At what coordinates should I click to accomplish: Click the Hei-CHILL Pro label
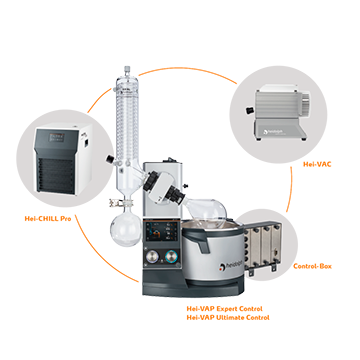coord(48,219)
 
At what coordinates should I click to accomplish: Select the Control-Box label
coord(312,266)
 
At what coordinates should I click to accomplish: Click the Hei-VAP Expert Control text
coord(224,309)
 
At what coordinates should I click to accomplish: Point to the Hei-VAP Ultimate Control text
coord(228,317)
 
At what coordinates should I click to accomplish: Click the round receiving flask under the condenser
coord(125,230)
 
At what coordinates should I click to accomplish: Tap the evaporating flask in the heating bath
coord(206,213)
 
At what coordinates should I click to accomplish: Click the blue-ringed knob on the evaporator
coord(171,256)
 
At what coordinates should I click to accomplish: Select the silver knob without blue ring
coord(153,257)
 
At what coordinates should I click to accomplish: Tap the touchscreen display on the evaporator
coord(161,231)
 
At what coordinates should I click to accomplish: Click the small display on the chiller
coord(56,137)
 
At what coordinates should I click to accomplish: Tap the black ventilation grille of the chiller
coord(55,174)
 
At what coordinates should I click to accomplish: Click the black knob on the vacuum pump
coord(248,110)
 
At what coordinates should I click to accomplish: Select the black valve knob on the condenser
coord(109,159)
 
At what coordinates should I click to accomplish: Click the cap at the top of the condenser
coord(126,70)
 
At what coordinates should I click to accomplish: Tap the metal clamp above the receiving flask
coord(115,202)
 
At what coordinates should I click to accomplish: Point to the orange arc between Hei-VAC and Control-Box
coord(290,189)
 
